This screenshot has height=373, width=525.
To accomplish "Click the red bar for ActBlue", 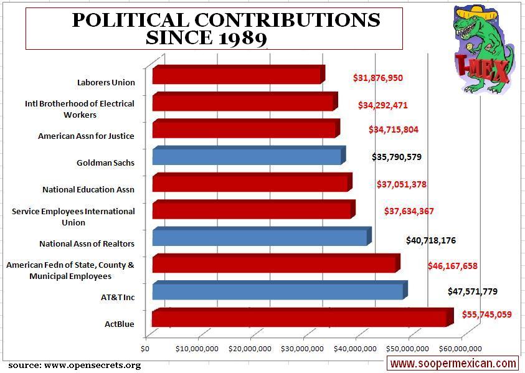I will pos(299,318).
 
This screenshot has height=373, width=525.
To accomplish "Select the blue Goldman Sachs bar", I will pos(247,156).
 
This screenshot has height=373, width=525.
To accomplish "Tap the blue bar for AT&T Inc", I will pos(278,291).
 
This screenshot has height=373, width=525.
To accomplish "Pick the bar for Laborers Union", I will pos(236,75).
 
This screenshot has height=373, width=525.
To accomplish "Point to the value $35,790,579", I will pos(396,157).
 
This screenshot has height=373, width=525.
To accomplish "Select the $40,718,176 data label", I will pos(430,239).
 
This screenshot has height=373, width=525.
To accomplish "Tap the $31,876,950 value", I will pos(377,78).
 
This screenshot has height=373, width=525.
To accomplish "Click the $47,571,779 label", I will pos(472,291).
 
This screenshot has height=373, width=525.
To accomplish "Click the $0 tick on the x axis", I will pos(147,348).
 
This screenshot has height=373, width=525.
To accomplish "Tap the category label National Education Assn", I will pos(88,189).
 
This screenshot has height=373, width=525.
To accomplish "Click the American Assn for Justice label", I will pos(86,136).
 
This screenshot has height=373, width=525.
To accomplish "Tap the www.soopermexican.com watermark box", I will pos(453,363).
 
